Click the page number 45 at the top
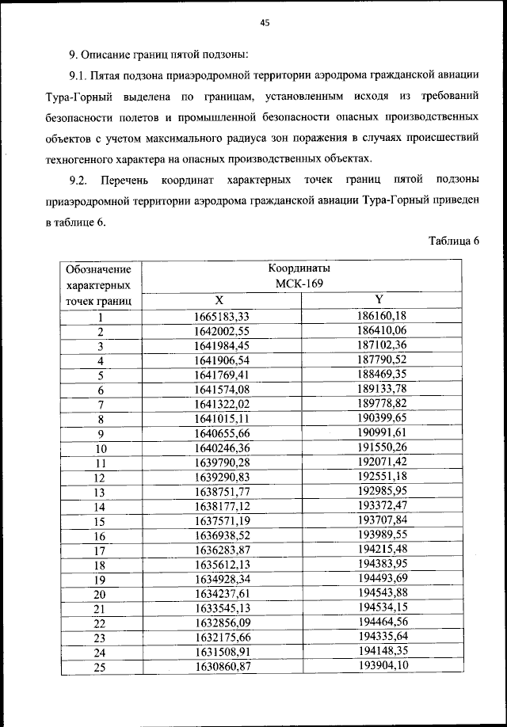[265, 23]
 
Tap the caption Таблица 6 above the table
[454, 242]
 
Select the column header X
[221, 300]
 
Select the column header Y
[379, 299]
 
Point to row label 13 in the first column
[100, 492]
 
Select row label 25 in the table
[100, 667]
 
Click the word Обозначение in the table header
[100, 270]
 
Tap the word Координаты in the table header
[299, 268]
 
